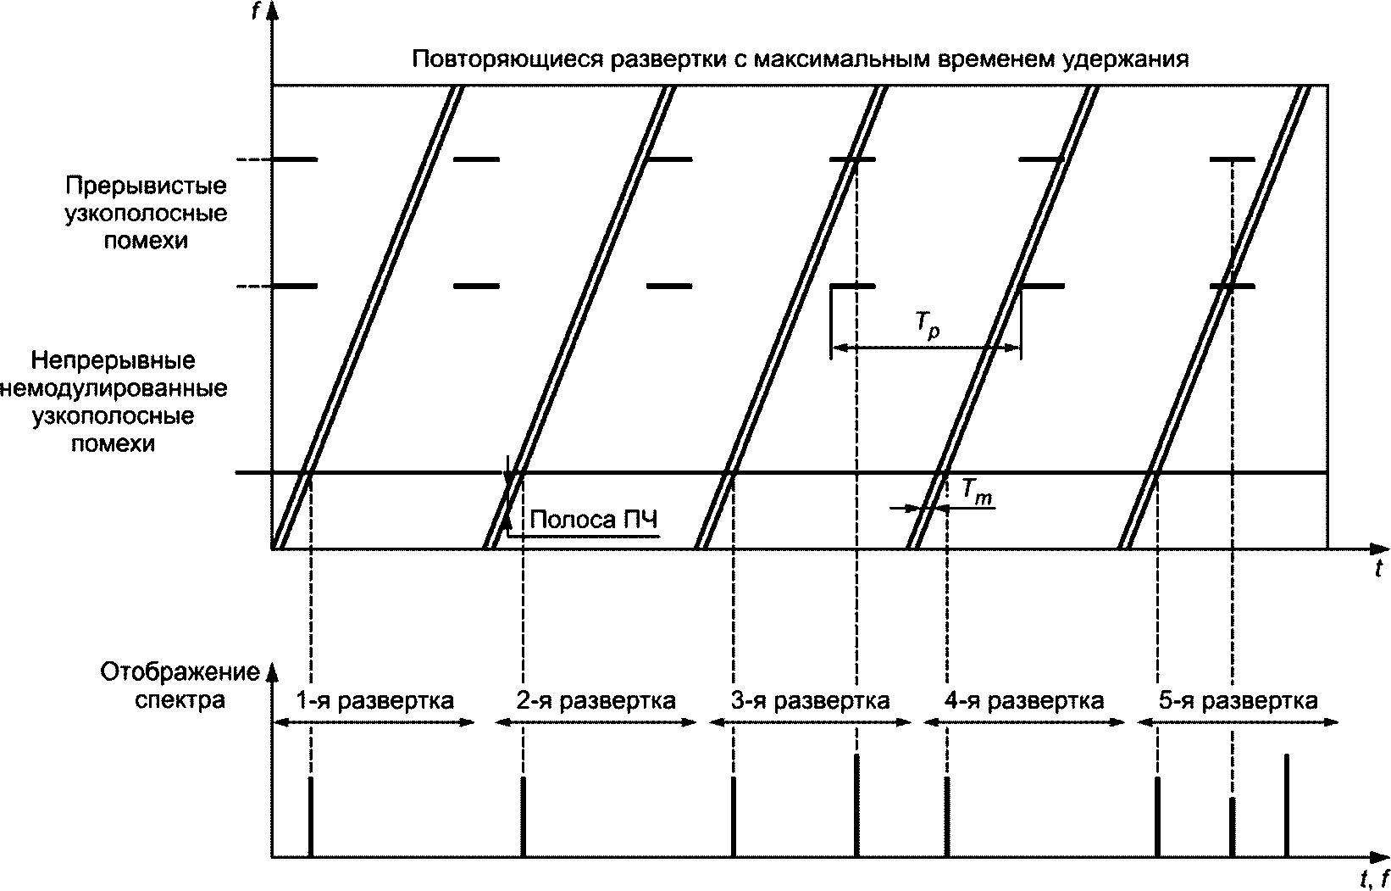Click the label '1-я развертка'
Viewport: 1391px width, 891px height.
(374, 701)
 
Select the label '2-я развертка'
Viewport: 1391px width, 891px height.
(596, 701)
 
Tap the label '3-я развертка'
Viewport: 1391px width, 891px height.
(811, 701)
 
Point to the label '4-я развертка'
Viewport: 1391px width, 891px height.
(1024, 701)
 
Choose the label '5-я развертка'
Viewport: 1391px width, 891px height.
(1238, 701)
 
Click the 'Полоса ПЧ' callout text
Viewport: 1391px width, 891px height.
(593, 519)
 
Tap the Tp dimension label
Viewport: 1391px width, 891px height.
(928, 328)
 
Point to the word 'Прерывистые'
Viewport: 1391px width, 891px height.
(146, 185)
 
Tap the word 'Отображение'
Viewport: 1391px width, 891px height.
(180, 673)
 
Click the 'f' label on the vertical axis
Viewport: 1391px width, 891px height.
(257, 11)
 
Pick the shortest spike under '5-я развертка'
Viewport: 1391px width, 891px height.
(1232, 827)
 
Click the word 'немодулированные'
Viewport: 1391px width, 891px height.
(115, 389)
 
